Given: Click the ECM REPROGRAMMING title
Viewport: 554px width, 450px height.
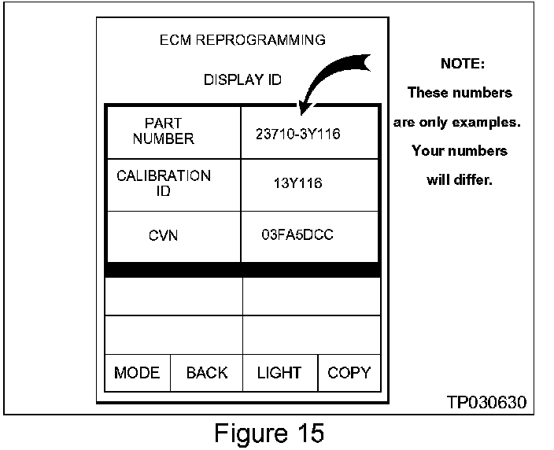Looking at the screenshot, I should coord(242,40).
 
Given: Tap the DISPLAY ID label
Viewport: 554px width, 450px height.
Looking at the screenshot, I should coord(242,80).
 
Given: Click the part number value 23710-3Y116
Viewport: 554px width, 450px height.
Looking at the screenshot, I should coord(297,134).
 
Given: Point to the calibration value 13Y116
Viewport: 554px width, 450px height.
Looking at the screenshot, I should coord(297,184).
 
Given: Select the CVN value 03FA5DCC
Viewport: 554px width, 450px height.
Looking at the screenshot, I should coord(297,235).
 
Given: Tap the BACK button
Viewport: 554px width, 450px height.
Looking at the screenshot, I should coord(207,373).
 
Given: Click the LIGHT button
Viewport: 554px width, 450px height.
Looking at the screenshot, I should coord(279,373).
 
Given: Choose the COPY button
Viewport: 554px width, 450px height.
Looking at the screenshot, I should coord(349,373).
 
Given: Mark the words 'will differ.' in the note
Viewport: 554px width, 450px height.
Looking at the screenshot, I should coord(460,179).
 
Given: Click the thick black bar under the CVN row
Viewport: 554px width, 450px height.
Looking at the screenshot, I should coord(242,270).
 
